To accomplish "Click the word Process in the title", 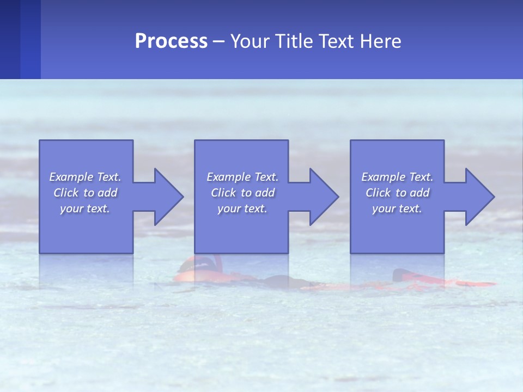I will pyautogui.click(x=171, y=41).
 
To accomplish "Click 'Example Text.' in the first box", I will pyautogui.click(x=85, y=177).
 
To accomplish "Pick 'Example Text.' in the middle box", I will pyautogui.click(x=242, y=177).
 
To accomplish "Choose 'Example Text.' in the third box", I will pyautogui.click(x=397, y=177).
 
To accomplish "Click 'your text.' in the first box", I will pyautogui.click(x=85, y=209).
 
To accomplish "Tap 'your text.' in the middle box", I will pyautogui.click(x=242, y=209).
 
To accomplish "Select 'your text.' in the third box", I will pyautogui.click(x=397, y=209).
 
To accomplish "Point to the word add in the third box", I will pyautogui.click(x=419, y=193).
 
